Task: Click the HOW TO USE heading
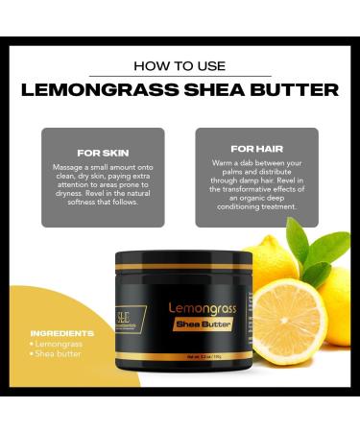click(x=180, y=66)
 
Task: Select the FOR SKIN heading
click(x=102, y=152)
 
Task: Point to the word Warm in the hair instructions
click(x=223, y=163)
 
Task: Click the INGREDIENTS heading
click(x=62, y=333)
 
